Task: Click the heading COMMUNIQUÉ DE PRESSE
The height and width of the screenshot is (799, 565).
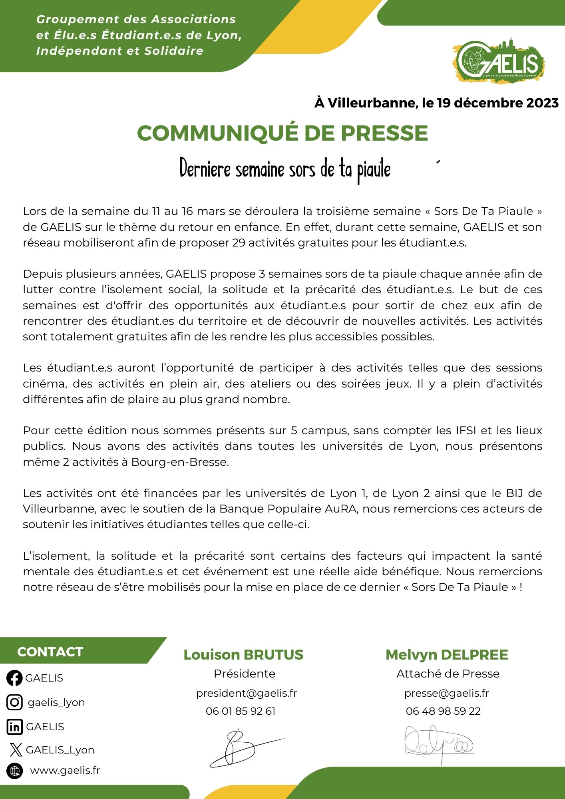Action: (x=282, y=133)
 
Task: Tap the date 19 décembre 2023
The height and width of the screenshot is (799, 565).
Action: (x=497, y=103)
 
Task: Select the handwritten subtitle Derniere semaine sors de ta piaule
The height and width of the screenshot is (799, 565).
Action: (x=285, y=169)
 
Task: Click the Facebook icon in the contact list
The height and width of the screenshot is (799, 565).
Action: (x=15, y=678)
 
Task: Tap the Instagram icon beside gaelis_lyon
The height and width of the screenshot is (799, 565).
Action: (x=15, y=702)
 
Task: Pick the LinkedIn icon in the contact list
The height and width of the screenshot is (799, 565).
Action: (x=15, y=727)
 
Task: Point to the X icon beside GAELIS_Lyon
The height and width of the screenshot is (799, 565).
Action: (x=16, y=750)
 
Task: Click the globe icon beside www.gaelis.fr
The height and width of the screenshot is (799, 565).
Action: (x=15, y=771)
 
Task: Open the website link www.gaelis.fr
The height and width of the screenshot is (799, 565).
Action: (x=65, y=771)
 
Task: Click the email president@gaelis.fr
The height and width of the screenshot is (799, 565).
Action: (x=246, y=693)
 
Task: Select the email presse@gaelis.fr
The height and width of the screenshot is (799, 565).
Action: (x=446, y=693)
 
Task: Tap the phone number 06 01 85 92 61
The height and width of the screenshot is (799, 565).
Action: (x=241, y=711)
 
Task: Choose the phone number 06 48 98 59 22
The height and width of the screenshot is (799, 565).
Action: (x=443, y=711)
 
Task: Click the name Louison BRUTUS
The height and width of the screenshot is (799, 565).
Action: (x=243, y=655)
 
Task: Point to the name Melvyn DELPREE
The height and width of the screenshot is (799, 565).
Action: (x=447, y=655)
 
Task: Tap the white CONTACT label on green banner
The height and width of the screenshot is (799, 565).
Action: (x=50, y=652)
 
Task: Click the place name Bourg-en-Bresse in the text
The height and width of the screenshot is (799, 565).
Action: (x=180, y=462)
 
